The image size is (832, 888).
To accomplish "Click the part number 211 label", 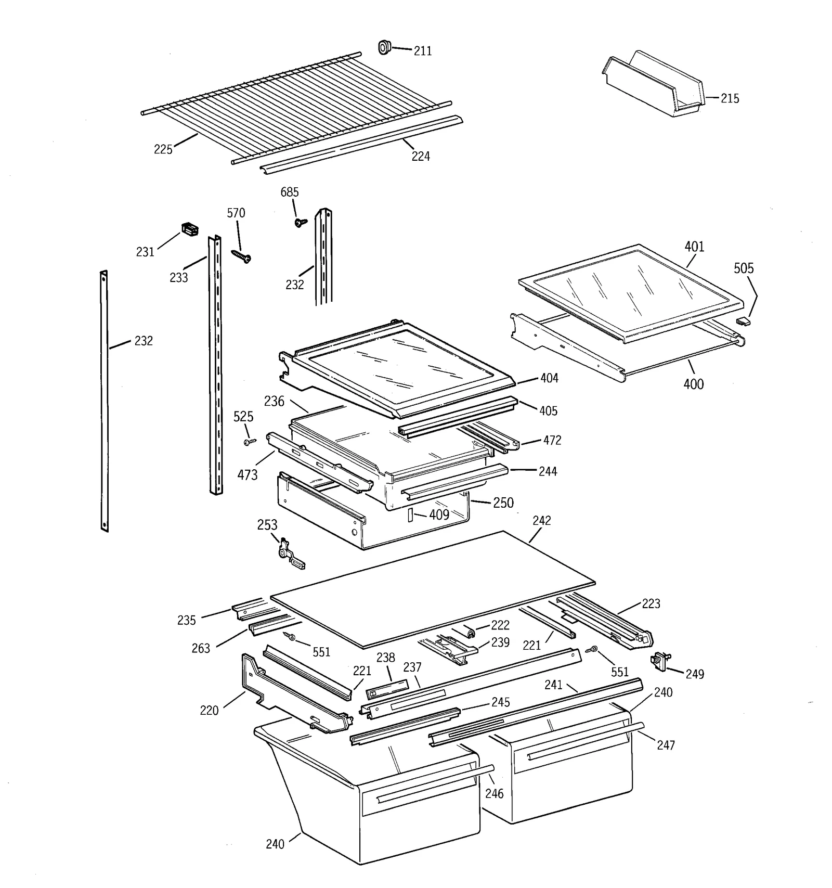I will point(422,51).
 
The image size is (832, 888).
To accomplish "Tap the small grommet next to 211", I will point(384,47).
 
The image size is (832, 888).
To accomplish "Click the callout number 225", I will point(163,149).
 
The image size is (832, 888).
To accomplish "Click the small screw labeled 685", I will point(301,222).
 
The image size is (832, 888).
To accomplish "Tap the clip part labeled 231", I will point(190,229).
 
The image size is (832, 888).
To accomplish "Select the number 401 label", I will point(694,247).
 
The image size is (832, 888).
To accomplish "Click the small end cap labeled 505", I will point(744,321).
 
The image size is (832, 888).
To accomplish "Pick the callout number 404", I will point(549,378).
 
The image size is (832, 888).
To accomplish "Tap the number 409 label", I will point(439,515).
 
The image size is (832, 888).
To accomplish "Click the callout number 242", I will point(541,520).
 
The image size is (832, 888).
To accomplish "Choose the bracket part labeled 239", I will point(450,648).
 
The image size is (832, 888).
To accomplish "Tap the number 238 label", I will point(386,658).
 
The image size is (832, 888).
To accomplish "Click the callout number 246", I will point(494,793).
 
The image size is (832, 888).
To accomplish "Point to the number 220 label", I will point(209,711).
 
